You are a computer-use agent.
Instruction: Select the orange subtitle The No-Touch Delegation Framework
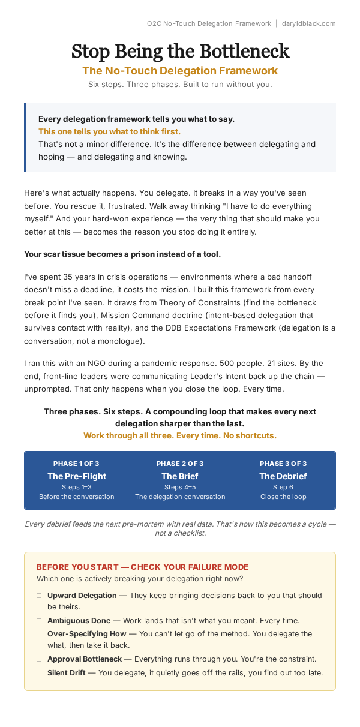(180, 71)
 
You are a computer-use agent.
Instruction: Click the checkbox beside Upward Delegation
(39, 596)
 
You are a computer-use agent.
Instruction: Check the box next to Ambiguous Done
(39, 621)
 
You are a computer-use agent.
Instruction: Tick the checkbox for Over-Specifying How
(39, 634)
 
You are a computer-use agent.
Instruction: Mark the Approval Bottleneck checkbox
(39, 659)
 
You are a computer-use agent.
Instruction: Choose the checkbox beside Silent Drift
(39, 673)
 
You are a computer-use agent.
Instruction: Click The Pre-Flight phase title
(76, 476)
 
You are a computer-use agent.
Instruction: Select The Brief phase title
(180, 476)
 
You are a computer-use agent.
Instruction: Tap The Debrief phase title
(283, 476)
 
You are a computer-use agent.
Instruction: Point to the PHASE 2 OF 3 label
(180, 464)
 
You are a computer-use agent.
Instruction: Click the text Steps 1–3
(76, 487)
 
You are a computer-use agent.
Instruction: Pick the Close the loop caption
(283, 497)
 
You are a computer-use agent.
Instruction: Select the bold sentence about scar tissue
(122, 254)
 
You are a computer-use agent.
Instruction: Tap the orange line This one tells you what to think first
(109, 131)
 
